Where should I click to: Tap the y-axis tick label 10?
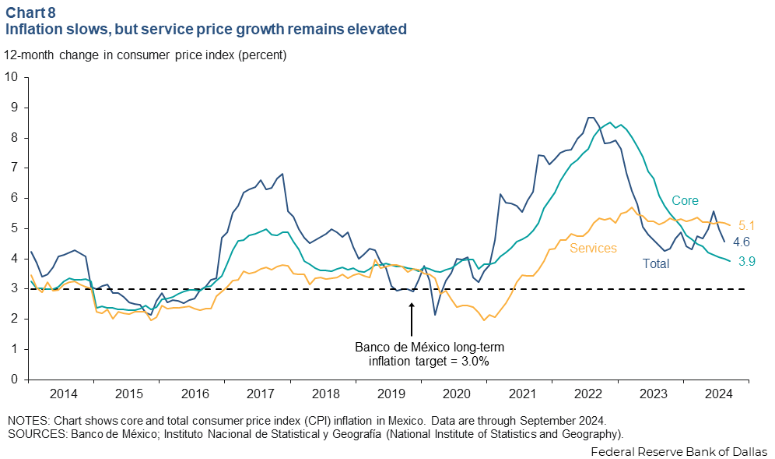12,77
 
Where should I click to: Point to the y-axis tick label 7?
15,168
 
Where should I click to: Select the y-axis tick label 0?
15,380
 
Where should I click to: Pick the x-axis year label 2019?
392,394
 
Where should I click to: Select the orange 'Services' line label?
594,248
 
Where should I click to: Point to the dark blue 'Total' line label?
655,263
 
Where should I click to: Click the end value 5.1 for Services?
747,226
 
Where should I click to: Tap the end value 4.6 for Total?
741,242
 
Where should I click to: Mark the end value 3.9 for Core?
747,262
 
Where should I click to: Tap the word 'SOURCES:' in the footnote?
31,433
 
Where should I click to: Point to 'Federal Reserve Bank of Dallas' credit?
679,451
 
